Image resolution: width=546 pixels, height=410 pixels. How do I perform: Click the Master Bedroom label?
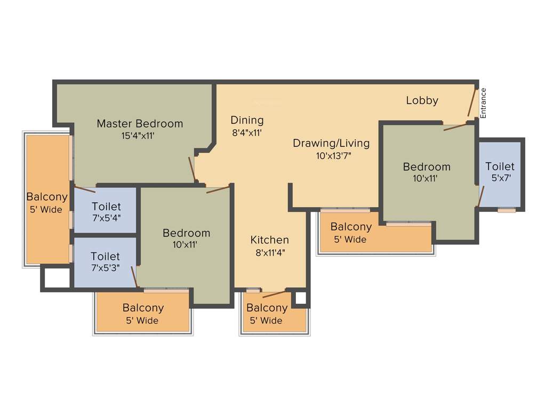pyautogui.click(x=140, y=123)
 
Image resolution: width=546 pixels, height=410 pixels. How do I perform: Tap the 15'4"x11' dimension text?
pyautogui.click(x=140, y=136)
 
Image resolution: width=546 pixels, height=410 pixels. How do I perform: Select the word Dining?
pyautogui.click(x=247, y=120)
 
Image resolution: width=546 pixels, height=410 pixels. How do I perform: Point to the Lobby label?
pyautogui.click(x=422, y=100)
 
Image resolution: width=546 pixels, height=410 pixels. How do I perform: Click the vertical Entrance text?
pyautogui.click(x=484, y=102)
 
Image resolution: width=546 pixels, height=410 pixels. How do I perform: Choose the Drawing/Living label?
pyautogui.click(x=331, y=143)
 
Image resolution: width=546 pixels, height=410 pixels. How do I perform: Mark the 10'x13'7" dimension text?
pyautogui.click(x=333, y=156)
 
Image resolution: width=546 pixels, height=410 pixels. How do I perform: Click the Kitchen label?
pyautogui.click(x=270, y=240)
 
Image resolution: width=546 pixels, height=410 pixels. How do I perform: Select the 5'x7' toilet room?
pyautogui.click(x=500, y=174)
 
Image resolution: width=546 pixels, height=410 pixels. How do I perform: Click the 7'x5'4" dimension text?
pyautogui.click(x=106, y=218)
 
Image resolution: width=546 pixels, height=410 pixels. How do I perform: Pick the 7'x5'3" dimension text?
pyautogui.click(x=105, y=268)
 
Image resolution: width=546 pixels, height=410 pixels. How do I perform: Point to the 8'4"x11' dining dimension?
pyautogui.click(x=246, y=133)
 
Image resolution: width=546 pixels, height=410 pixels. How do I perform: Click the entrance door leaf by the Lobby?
pyautogui.click(x=472, y=103)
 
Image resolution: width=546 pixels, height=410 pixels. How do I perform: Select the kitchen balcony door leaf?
pyautogui.click(x=274, y=294)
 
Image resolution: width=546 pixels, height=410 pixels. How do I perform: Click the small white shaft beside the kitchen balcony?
pyautogui.click(x=300, y=298)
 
